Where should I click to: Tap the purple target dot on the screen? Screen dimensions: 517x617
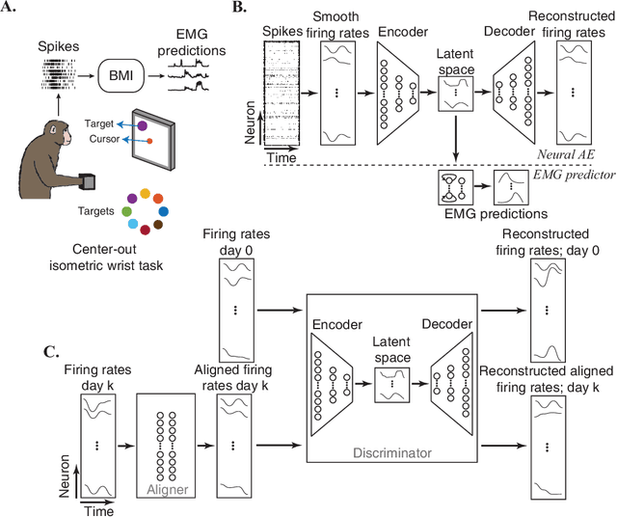pos(143,125)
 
